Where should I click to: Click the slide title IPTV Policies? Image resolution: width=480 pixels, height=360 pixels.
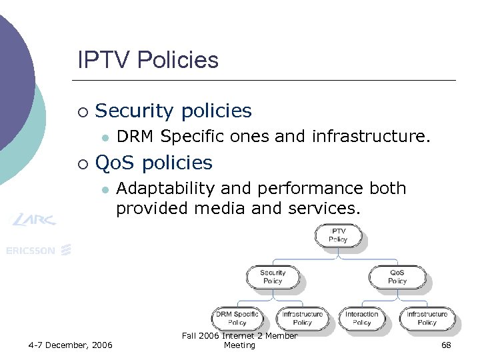pyautogui.click(x=148, y=61)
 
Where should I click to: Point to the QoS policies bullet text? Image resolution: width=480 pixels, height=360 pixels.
pyautogui.click(x=154, y=163)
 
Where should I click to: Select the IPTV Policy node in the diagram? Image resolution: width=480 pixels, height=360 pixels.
pyautogui.click(x=339, y=235)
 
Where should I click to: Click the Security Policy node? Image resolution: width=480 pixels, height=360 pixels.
pyautogui.click(x=273, y=277)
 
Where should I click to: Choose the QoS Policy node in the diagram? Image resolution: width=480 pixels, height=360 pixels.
pyautogui.click(x=397, y=277)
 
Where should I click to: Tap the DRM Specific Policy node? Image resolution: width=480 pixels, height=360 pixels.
pyautogui.click(x=237, y=318)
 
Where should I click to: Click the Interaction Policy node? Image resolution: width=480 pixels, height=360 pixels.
pyautogui.click(x=362, y=318)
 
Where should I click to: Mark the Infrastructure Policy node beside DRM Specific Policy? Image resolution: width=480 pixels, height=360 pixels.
pyautogui.click(x=302, y=318)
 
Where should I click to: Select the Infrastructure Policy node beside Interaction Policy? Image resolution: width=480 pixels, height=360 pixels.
pyautogui.click(x=427, y=318)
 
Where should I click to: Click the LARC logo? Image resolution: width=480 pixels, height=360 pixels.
pyautogui.click(x=33, y=219)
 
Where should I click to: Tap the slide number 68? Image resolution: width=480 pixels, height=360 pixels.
pyautogui.click(x=446, y=345)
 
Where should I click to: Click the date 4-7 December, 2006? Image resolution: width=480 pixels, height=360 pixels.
pyautogui.click(x=71, y=345)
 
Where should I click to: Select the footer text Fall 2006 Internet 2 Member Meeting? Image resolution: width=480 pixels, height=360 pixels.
pyautogui.click(x=239, y=340)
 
